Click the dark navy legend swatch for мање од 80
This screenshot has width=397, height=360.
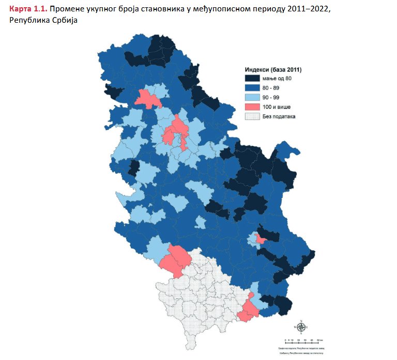[x=252, y=78]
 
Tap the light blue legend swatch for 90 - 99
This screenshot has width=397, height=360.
[x=252, y=97]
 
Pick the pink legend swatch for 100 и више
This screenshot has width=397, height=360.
[x=252, y=107]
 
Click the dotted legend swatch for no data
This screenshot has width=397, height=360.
[x=252, y=116]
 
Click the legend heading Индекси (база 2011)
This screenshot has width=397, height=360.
[x=272, y=69]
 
